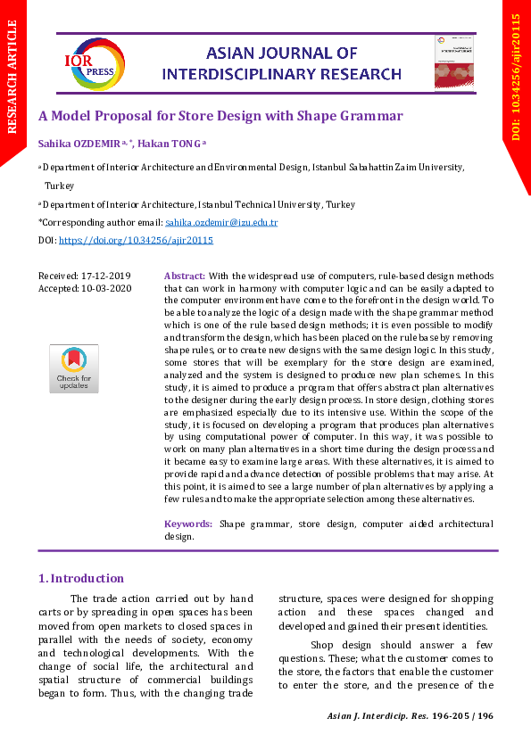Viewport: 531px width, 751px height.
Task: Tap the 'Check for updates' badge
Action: (x=73, y=368)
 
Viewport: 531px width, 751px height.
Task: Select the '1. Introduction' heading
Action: (x=81, y=578)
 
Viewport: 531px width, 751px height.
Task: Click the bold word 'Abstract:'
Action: (x=186, y=276)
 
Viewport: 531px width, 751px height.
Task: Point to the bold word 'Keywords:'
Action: (x=188, y=524)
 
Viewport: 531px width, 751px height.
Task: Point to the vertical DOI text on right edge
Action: (x=515, y=77)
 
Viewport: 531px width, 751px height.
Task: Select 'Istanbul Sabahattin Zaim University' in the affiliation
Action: (x=386, y=167)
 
